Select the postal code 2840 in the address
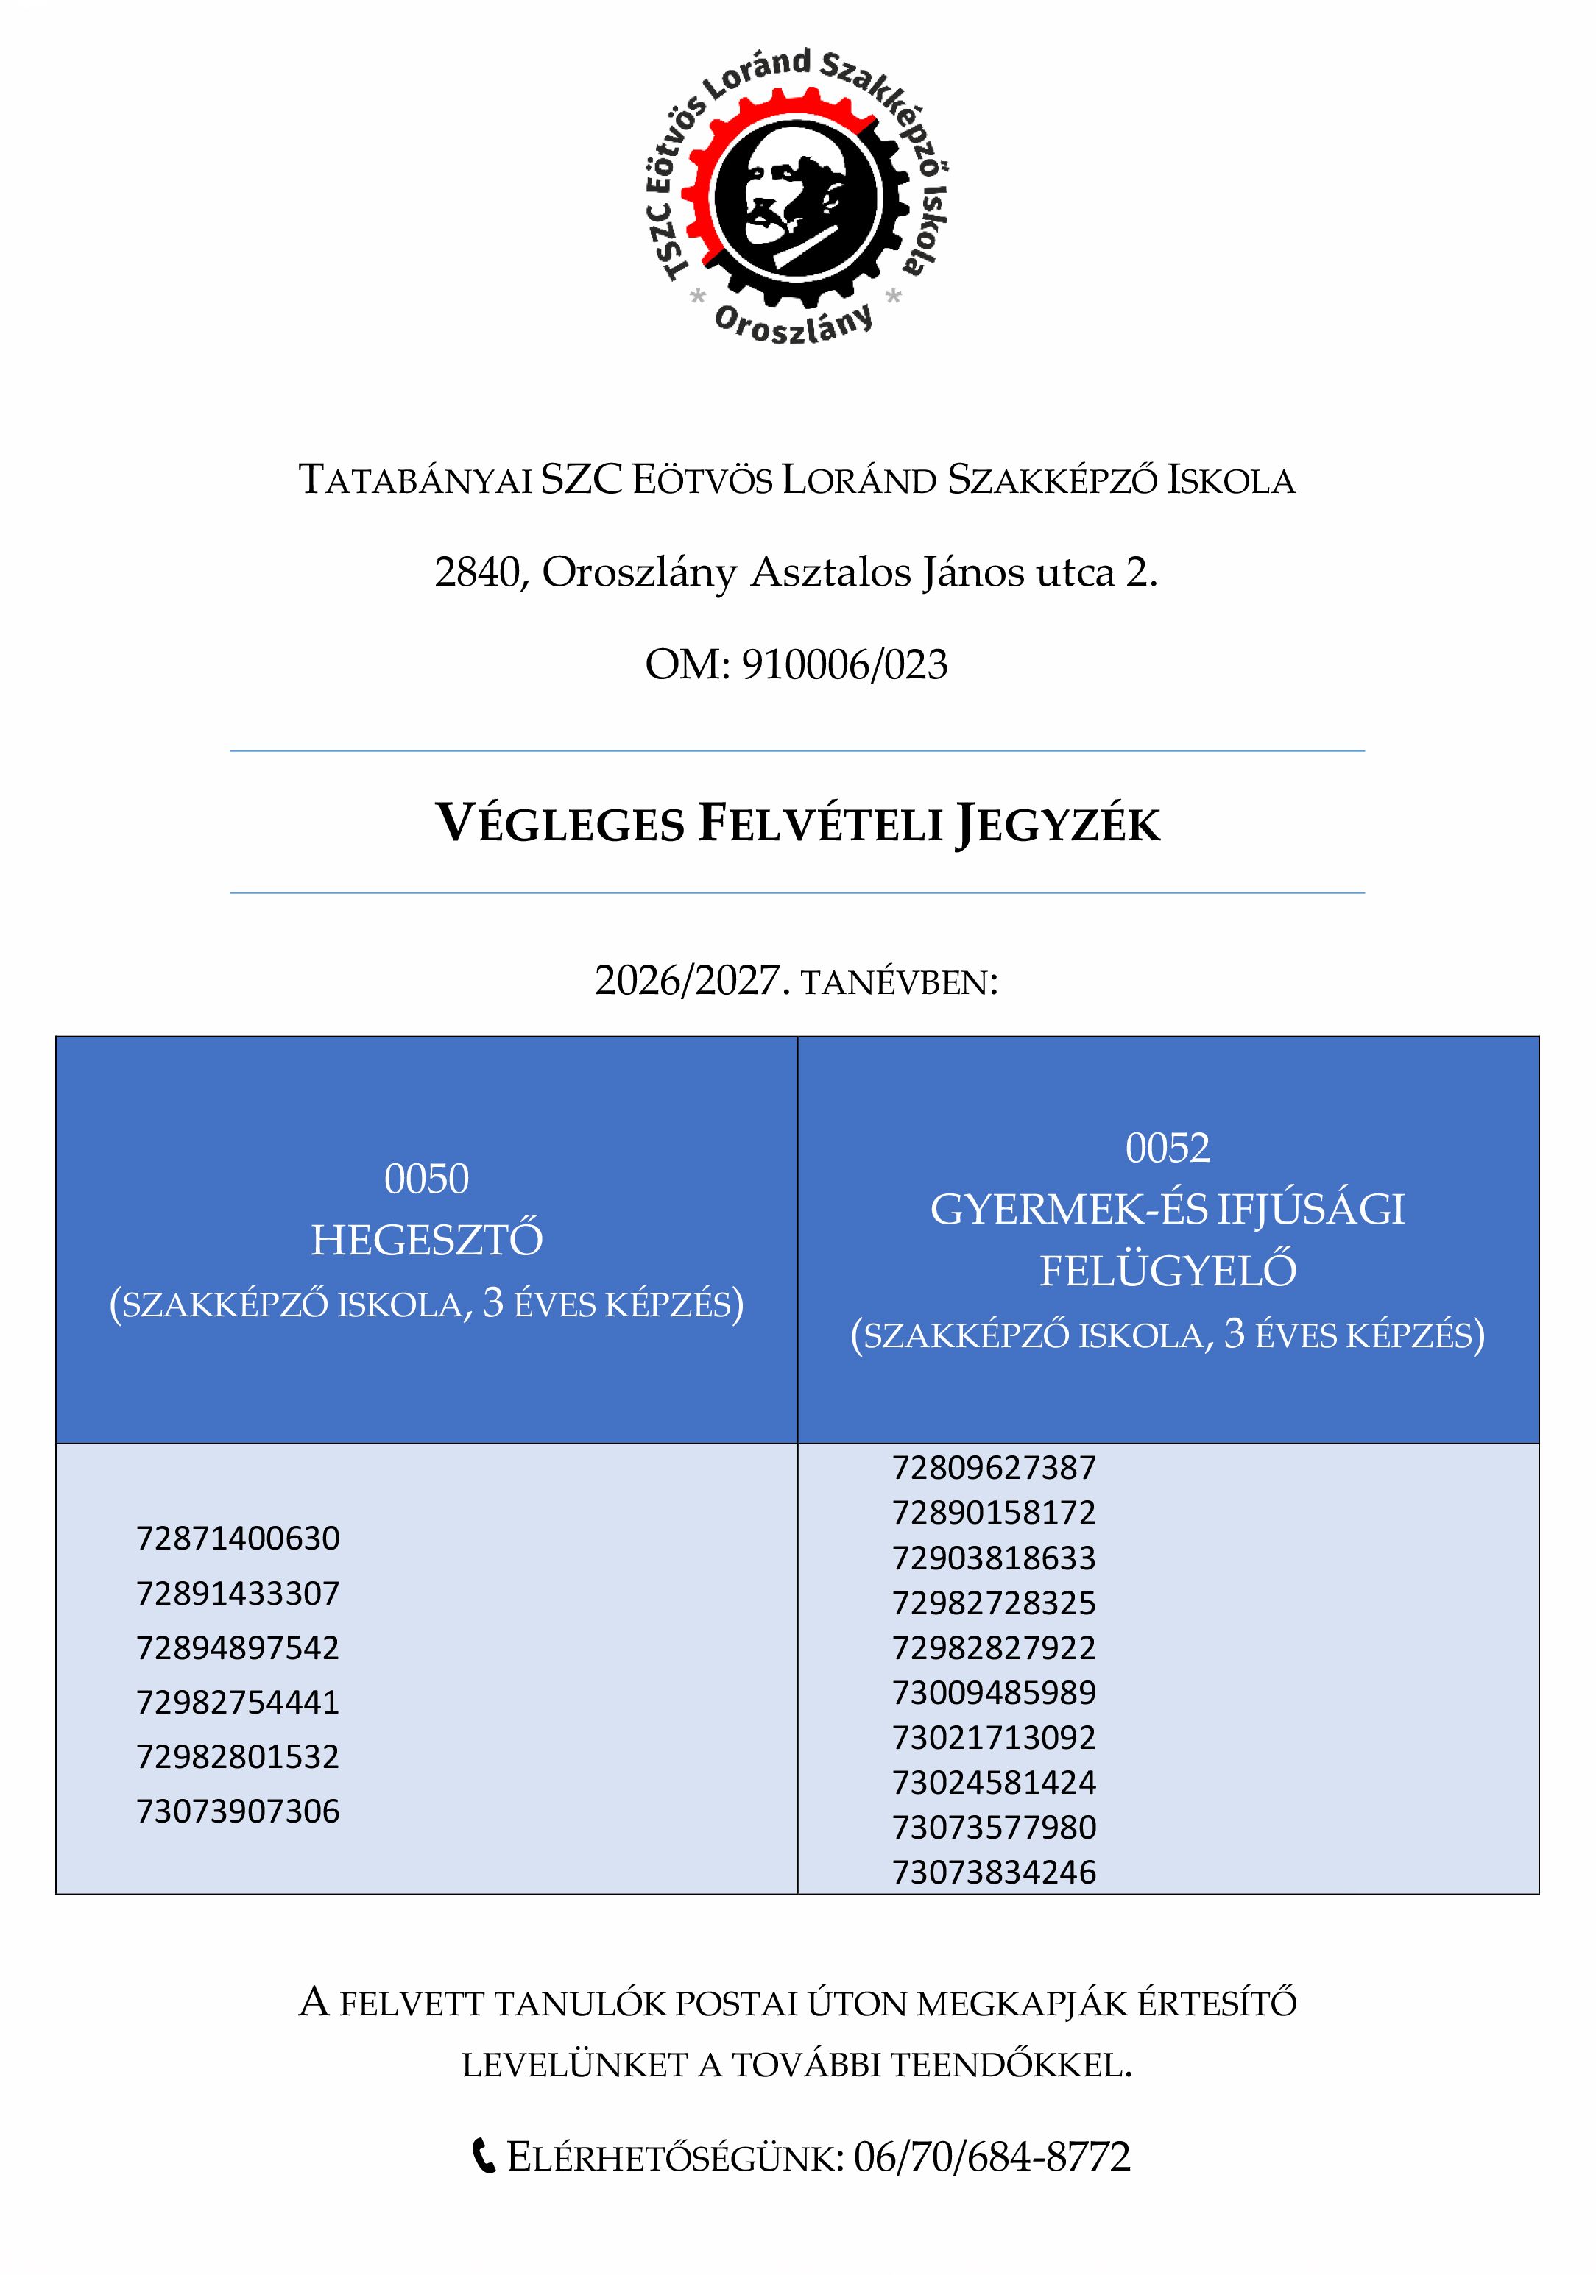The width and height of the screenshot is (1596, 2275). [x=475, y=572]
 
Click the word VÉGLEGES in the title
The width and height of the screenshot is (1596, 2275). [x=560, y=823]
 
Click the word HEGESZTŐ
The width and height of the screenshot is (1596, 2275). [x=426, y=1241]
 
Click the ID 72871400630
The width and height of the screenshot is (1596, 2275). [x=238, y=1538]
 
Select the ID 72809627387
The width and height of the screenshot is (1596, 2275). [x=995, y=1467]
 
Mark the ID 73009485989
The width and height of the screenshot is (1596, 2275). [x=995, y=1692]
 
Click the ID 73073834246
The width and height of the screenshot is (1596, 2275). [x=995, y=1873]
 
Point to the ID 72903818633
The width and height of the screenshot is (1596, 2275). [x=995, y=1558]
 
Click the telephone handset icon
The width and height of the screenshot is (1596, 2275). [x=483, y=2156]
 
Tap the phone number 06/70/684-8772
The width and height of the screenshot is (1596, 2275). [x=992, y=2156]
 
